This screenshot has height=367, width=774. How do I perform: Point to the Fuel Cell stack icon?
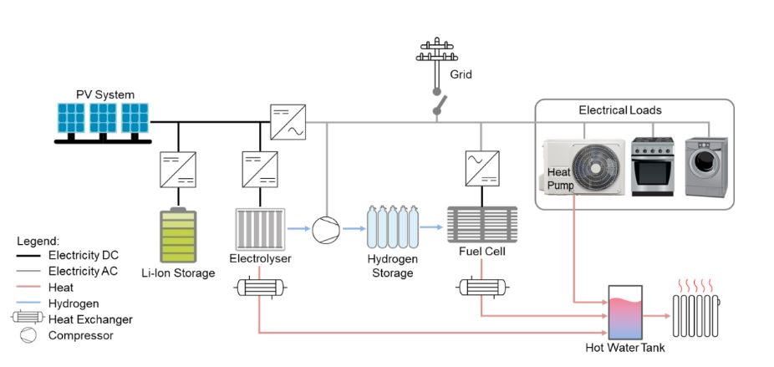click(x=481, y=224)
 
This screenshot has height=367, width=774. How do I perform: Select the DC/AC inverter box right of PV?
click(x=287, y=122)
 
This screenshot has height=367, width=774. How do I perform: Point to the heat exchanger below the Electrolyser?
click(x=260, y=287)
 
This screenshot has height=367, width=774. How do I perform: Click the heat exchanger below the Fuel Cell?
click(x=481, y=287)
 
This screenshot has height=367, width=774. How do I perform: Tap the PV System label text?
click(x=105, y=94)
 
